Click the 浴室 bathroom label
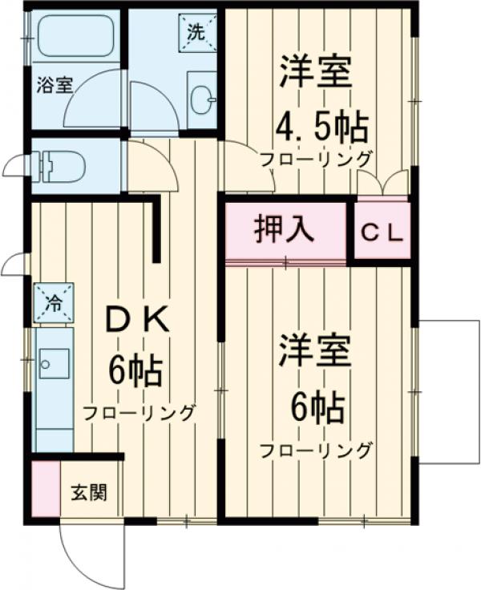pyautogui.click(x=55, y=84)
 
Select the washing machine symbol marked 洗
pyautogui.click(x=197, y=34)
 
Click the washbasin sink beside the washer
pyautogui.click(x=200, y=99)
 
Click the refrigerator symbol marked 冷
pyautogui.click(x=54, y=303)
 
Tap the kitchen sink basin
pyautogui.click(x=54, y=366)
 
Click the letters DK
pyautogui.click(x=138, y=321)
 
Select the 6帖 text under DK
pyautogui.click(x=137, y=370)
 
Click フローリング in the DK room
pyautogui.click(x=139, y=414)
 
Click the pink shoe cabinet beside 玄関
pyautogui.click(x=46, y=490)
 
